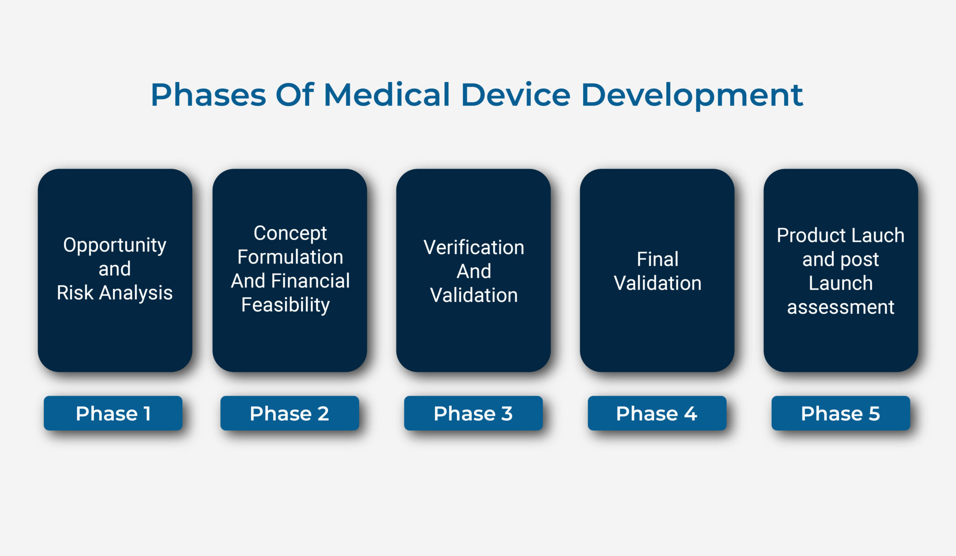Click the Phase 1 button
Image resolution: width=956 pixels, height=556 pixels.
coord(113,413)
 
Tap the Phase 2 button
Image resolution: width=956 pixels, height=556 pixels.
coord(289,413)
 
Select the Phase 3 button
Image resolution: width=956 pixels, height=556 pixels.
coord(473,413)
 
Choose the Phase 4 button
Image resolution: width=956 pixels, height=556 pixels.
coord(657,413)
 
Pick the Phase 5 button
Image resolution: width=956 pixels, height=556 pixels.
coord(840,413)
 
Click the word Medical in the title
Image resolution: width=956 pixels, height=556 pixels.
coord(387,95)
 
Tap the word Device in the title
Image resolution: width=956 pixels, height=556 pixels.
coord(515,95)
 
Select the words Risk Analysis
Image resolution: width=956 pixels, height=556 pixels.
coord(114,293)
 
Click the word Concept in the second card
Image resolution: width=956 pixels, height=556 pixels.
coord(290,233)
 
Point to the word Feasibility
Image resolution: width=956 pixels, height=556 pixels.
coord(285,305)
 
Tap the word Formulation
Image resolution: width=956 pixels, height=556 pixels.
coord(290,257)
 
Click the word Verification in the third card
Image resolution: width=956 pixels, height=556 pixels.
coord(473,247)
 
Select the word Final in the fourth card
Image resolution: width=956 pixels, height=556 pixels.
coord(657,259)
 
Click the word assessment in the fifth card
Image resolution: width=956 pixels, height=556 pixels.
coord(840,307)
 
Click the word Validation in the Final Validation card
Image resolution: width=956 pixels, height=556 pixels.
coord(657,283)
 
